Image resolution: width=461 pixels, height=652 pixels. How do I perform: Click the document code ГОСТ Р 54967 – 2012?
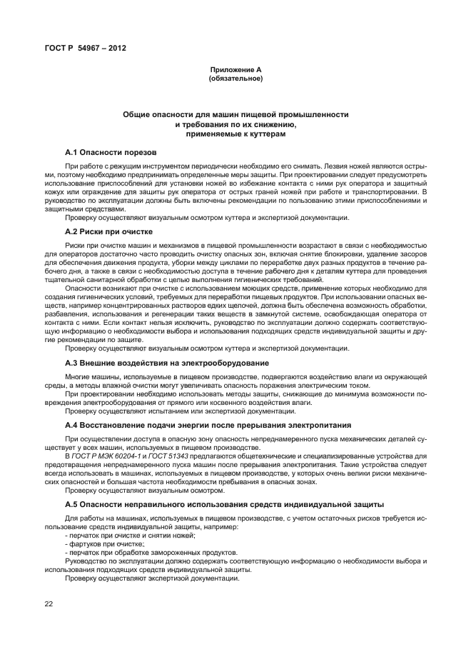pyautogui.click(x=76, y=48)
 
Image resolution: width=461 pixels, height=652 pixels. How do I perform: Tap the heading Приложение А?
pyautogui.click(x=235, y=69)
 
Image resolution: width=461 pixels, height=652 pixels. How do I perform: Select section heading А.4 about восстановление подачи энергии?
pyautogui.click(x=192, y=426)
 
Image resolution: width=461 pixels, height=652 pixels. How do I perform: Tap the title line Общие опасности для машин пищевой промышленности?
pyautogui.click(x=235, y=114)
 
